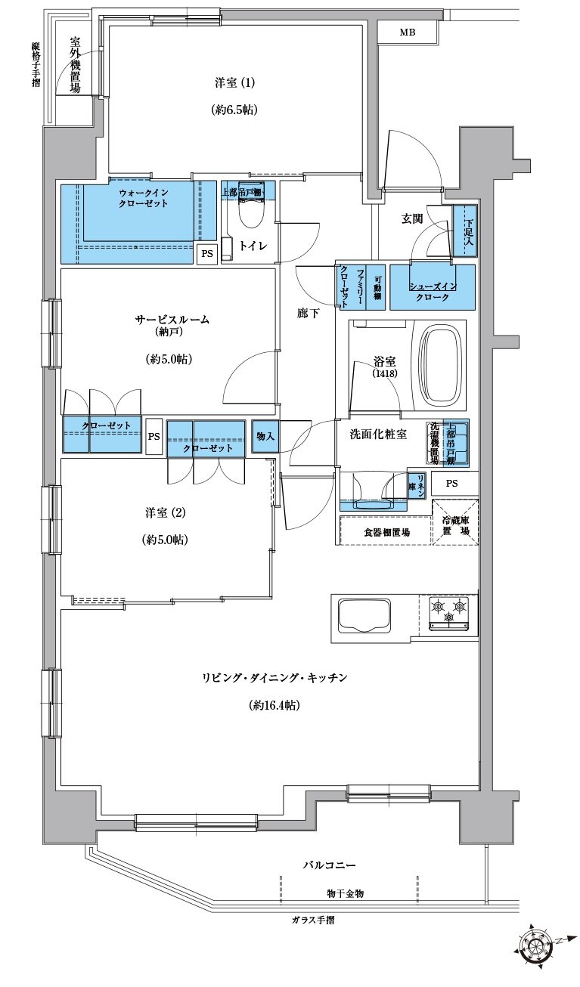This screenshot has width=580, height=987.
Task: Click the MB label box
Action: click(x=408, y=32)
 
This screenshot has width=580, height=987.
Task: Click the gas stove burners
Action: click(x=449, y=611)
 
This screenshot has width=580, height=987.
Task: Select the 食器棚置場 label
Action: click(x=382, y=532)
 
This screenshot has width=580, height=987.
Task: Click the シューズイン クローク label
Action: click(x=433, y=292)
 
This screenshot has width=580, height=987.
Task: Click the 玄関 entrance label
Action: click(x=411, y=218)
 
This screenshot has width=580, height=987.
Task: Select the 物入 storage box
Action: click(x=265, y=436)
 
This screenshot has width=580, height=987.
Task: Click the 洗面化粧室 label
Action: click(x=378, y=435)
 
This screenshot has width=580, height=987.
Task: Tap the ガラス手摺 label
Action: click(x=312, y=920)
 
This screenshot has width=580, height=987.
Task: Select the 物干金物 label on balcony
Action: click(x=346, y=893)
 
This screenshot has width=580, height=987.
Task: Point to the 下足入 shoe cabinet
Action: click(x=469, y=233)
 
